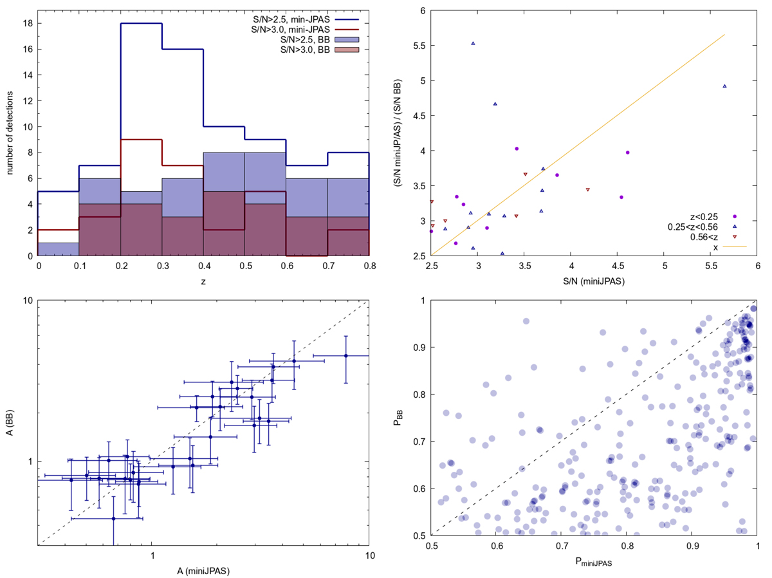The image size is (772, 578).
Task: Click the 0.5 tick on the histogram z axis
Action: (244, 266)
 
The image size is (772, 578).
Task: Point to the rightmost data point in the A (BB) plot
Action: (345, 355)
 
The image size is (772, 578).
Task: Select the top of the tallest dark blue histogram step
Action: (141, 23)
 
